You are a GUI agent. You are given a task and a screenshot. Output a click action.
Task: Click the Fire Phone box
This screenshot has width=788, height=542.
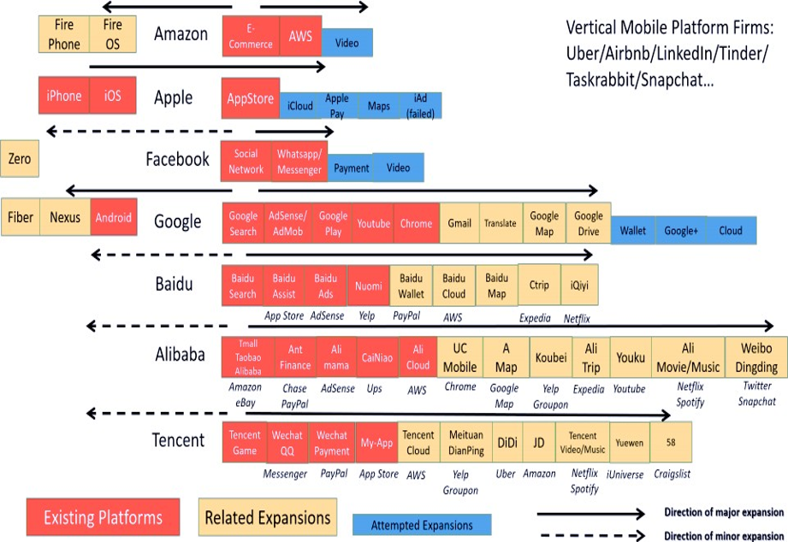63,34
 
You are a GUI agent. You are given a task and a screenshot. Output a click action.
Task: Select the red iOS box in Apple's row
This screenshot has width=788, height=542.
112,96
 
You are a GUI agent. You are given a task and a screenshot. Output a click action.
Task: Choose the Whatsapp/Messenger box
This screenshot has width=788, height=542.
299,162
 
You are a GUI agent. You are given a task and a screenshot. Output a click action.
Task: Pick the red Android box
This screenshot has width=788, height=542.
114,218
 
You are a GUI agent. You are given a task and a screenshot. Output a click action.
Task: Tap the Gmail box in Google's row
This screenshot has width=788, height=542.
459,223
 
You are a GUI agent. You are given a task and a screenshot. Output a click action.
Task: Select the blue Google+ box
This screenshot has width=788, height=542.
682,230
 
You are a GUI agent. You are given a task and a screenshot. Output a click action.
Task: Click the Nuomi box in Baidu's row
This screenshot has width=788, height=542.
369,287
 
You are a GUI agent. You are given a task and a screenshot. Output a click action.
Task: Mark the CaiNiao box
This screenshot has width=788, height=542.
377,358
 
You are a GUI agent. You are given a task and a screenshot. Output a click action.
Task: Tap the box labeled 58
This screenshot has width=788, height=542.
669,443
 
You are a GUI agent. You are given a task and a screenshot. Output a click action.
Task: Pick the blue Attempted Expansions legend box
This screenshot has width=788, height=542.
421,525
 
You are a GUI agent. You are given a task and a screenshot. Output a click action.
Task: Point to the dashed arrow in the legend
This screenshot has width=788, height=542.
590,535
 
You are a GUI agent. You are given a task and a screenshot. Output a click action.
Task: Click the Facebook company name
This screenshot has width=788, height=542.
177,159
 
